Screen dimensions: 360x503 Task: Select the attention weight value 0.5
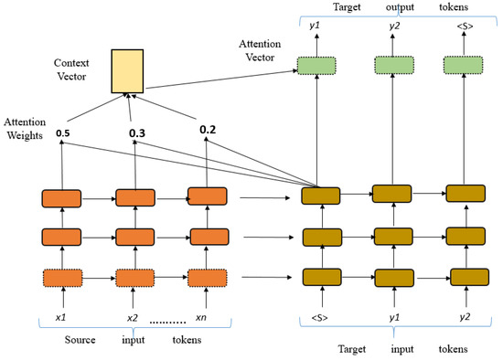(63, 133)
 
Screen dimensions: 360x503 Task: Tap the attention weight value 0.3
(137, 134)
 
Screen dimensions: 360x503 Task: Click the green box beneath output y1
(316, 65)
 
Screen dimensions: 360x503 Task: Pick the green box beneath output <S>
(462, 65)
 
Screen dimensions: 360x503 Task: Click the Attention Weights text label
(25, 128)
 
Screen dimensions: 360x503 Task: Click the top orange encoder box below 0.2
(206, 196)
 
